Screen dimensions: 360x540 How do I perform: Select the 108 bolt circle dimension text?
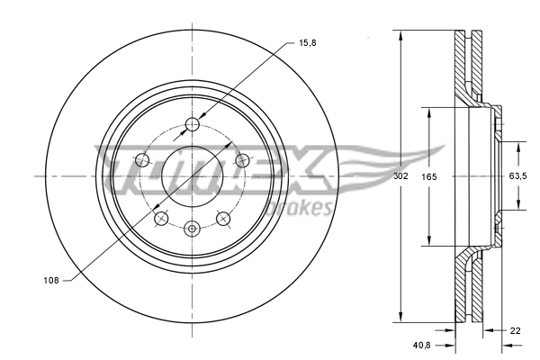(50, 281)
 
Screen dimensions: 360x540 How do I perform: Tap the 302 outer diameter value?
(400, 176)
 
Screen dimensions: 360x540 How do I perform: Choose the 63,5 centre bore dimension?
(517, 176)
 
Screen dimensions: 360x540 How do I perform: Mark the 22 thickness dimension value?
(514, 331)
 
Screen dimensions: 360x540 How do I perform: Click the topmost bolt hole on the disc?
(191, 124)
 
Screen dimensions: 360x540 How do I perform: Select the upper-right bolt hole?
(241, 160)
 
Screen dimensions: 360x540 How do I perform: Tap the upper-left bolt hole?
(141, 160)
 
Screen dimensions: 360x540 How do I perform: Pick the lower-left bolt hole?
(161, 218)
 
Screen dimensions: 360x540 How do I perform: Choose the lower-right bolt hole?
(221, 218)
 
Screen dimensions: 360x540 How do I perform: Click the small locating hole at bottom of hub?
(191, 229)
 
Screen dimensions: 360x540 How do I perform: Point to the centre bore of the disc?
(191, 176)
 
